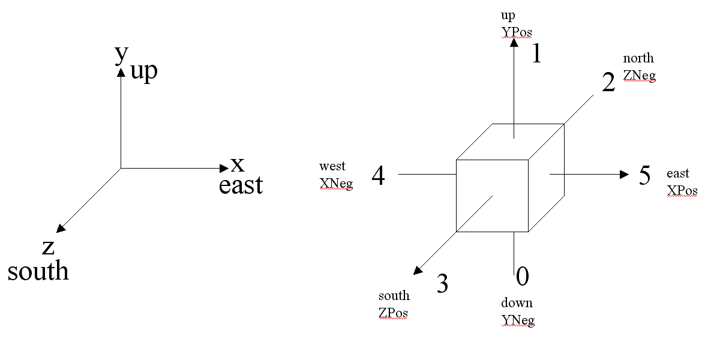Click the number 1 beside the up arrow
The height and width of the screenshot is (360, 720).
[537, 55]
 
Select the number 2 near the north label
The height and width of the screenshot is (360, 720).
[608, 83]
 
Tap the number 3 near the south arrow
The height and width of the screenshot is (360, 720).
[442, 284]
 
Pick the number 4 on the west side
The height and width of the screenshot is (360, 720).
[378, 176]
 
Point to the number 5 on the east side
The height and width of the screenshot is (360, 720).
[644, 176]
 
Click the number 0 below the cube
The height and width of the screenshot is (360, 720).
[523, 277]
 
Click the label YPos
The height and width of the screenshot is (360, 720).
[516, 32]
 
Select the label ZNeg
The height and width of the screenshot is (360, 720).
[639, 76]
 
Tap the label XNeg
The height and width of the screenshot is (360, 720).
[336, 184]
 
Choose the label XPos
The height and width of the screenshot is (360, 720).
[682, 191]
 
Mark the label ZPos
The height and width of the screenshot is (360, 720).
[393, 313]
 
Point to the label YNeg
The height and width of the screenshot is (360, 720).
[517, 320]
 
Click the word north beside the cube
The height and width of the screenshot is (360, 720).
[638, 59]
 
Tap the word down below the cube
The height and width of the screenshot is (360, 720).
[517, 303]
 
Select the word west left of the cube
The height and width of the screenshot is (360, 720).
[332, 166]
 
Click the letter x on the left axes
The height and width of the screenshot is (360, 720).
[238, 163]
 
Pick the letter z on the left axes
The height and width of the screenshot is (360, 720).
[49, 247]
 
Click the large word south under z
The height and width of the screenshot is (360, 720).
[38, 271]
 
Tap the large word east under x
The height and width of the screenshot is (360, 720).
[241, 185]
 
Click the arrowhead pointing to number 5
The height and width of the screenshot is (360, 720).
[624, 175]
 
